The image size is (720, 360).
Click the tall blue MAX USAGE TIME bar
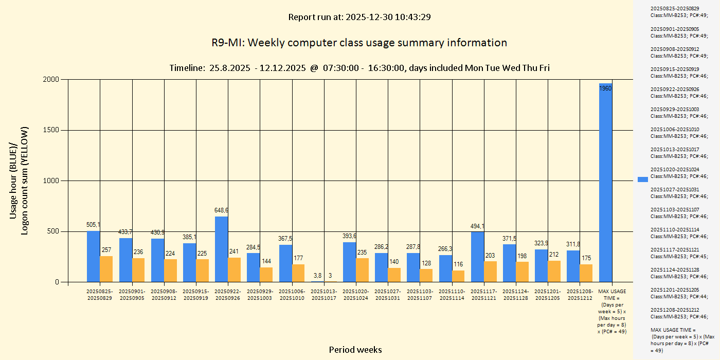click(x=605, y=185)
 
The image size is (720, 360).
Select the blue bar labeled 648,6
click(x=221, y=249)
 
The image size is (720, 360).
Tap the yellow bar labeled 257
click(x=106, y=269)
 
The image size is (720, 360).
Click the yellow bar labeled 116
click(x=458, y=276)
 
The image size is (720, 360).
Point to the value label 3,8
click(x=317, y=275)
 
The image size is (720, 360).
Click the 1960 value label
click(x=605, y=88)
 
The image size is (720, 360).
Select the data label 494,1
click(x=477, y=226)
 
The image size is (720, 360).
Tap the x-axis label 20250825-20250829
click(x=100, y=295)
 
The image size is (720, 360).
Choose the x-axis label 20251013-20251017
click(x=323, y=295)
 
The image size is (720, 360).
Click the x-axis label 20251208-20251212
click(x=580, y=295)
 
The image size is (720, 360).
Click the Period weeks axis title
click(x=355, y=350)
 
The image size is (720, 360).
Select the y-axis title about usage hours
click(x=19, y=181)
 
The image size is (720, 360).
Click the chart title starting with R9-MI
click(x=359, y=43)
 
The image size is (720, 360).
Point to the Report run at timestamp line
click(x=359, y=17)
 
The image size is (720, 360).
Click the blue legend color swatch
click(x=643, y=179)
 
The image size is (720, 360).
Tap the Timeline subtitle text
click(x=359, y=68)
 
